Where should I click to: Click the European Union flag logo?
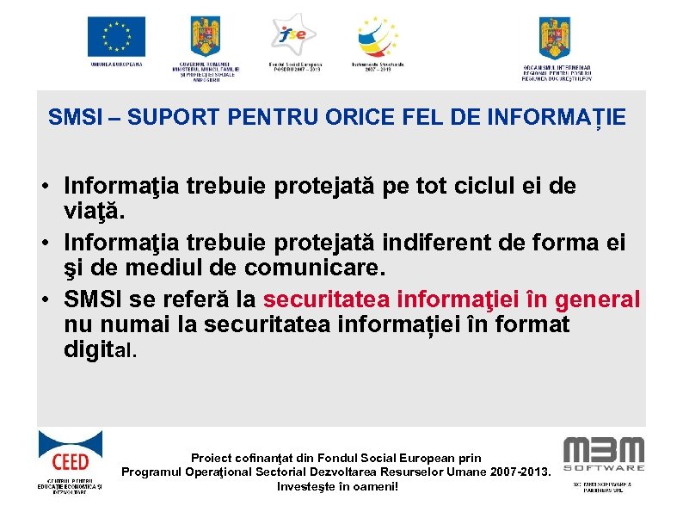[116, 36]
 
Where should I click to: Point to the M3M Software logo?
[603, 453]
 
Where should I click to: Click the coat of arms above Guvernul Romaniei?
[205, 37]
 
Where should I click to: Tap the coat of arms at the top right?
[555, 37]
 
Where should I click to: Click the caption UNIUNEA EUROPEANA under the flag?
[116, 65]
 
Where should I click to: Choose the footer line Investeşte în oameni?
[337, 486]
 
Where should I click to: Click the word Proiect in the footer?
[215, 458]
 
